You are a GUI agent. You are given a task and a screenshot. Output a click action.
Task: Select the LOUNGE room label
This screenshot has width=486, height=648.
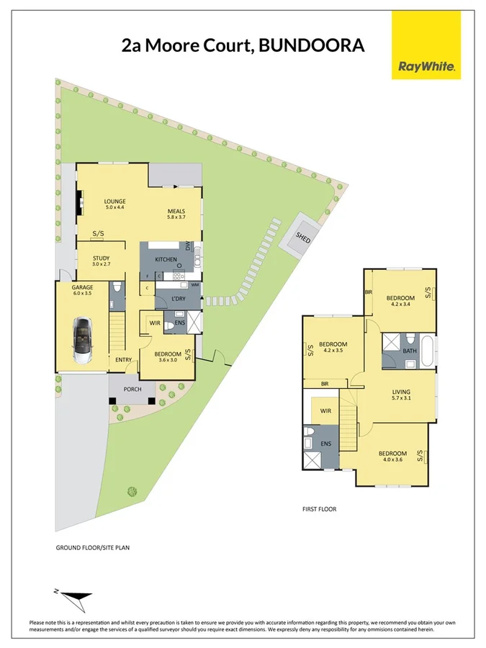click(114, 202)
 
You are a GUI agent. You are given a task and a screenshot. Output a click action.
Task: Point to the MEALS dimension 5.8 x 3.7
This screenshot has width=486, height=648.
click(176, 217)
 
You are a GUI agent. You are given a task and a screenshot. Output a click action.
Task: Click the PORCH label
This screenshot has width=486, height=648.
click(132, 390)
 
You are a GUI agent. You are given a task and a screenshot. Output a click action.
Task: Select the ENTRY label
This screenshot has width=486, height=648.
click(123, 361)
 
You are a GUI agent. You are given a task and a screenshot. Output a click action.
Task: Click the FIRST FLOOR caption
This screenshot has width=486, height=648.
click(319, 509)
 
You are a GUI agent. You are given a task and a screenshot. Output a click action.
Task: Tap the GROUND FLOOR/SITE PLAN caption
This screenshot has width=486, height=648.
click(93, 548)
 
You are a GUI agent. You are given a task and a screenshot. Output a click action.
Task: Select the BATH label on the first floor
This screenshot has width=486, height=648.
click(410, 351)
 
